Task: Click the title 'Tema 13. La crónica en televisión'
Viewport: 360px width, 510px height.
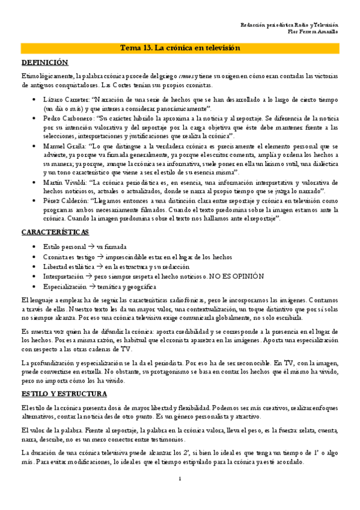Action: [x=180, y=48]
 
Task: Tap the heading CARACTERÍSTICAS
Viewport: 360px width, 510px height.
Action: [x=55, y=232]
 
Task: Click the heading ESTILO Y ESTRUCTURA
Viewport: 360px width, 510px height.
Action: [x=64, y=394]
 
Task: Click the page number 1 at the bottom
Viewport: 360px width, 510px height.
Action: [x=180, y=496]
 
